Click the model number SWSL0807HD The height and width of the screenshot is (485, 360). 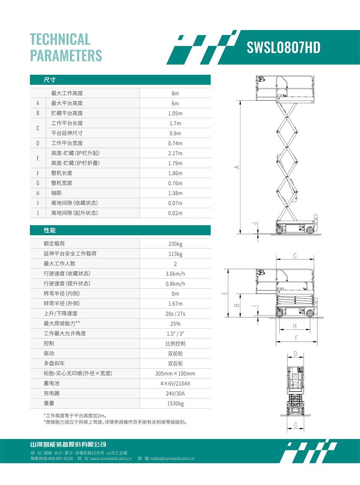pyautogui.click(x=283, y=48)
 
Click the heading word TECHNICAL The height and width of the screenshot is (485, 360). pyautogui.click(x=60, y=39)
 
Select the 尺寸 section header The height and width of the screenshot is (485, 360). pyautogui.click(x=49, y=80)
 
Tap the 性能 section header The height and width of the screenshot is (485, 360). pyautogui.click(x=49, y=230)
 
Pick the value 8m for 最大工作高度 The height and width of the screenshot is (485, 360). pyautogui.click(x=175, y=93)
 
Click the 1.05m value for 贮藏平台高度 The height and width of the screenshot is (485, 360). pyautogui.click(x=175, y=113)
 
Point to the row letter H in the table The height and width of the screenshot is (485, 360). pyautogui.click(x=38, y=193)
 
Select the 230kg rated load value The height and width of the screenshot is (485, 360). pyautogui.click(x=175, y=244)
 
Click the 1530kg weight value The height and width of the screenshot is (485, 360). pyautogui.click(x=175, y=404)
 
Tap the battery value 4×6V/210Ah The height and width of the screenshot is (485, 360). pyautogui.click(x=175, y=384)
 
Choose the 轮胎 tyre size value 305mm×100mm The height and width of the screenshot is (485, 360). pyautogui.click(x=175, y=374)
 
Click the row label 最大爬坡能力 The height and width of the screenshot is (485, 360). pyautogui.click(x=61, y=323)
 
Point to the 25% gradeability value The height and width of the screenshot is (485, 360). pyautogui.click(x=175, y=324)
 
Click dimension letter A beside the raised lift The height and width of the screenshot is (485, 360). pyautogui.click(x=237, y=167)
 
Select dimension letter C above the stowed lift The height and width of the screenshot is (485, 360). pyautogui.click(x=295, y=256)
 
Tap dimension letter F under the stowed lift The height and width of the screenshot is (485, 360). pyautogui.click(x=296, y=338)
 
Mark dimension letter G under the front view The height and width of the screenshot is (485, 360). pyautogui.click(x=295, y=425)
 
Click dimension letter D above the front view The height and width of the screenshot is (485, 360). pyautogui.click(x=295, y=354)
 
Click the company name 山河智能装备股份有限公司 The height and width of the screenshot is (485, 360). pyautogui.click(x=68, y=444)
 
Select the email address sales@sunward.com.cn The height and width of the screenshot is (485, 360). pyautogui.click(x=172, y=458)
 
